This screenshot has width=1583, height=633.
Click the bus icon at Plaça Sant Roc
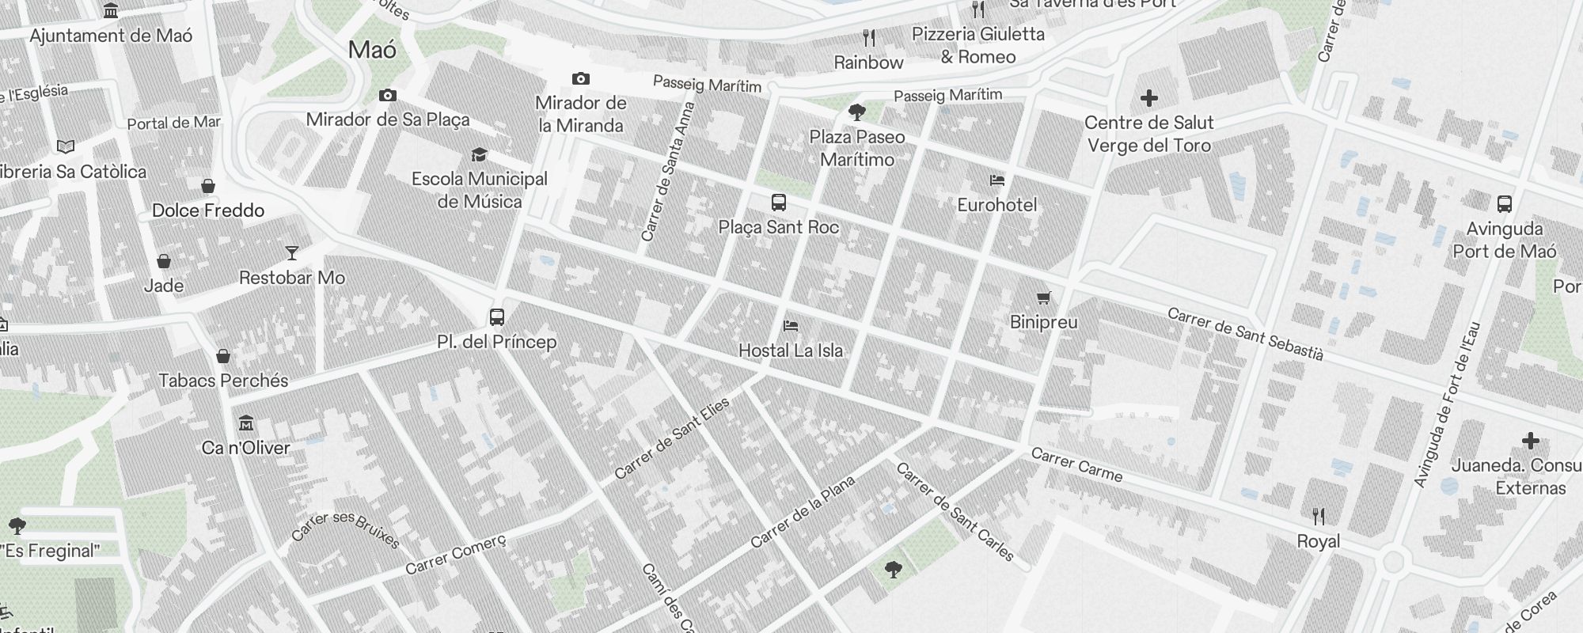tap(779, 203)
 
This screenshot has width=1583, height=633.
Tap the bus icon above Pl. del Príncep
tap(497, 317)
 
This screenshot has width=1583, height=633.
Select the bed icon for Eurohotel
tap(997, 181)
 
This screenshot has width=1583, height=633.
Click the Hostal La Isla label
tap(791, 351)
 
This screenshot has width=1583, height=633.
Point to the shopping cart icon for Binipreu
tap(1044, 298)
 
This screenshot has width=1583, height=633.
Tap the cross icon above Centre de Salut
tap(1149, 98)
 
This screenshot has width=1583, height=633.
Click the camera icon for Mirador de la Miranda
tap(581, 79)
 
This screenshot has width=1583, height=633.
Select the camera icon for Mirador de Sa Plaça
tap(388, 96)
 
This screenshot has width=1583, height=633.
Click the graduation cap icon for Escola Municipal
tap(479, 154)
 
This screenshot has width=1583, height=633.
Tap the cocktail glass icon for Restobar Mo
tap(292, 253)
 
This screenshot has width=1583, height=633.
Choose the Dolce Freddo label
tap(208, 210)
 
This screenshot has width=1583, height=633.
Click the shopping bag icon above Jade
tap(164, 261)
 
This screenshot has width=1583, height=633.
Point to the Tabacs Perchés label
tap(224, 381)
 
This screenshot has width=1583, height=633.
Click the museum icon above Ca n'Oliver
tap(246, 423)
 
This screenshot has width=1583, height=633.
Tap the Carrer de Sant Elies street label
tap(672, 439)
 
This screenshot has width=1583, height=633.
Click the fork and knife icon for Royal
tap(1319, 517)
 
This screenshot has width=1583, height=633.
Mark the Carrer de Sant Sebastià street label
tap(1245, 334)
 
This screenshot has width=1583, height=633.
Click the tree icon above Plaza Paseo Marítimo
tap(857, 112)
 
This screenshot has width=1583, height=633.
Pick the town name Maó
tap(372, 50)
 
